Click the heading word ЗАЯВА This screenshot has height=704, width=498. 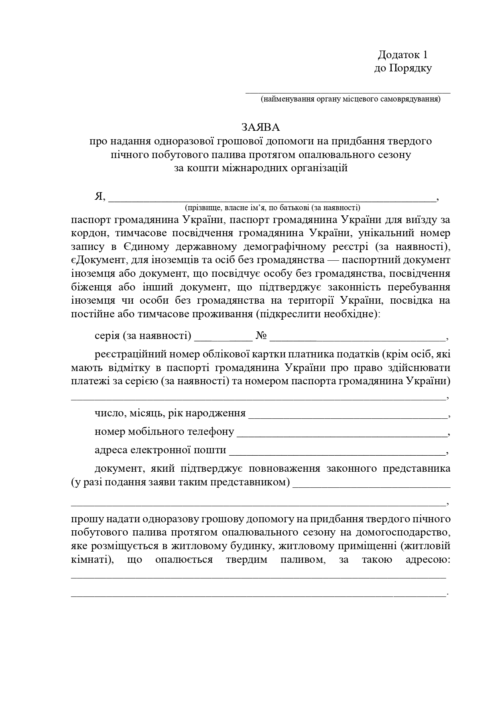(x=260, y=127)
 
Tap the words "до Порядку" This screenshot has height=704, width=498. (x=403, y=68)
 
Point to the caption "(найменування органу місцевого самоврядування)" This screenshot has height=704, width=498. (x=350, y=99)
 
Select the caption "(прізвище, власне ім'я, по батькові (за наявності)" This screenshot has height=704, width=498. (x=272, y=207)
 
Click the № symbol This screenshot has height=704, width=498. (x=261, y=335)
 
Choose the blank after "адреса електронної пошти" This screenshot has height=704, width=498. (x=337, y=452)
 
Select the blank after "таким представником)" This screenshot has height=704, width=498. (x=371, y=485)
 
